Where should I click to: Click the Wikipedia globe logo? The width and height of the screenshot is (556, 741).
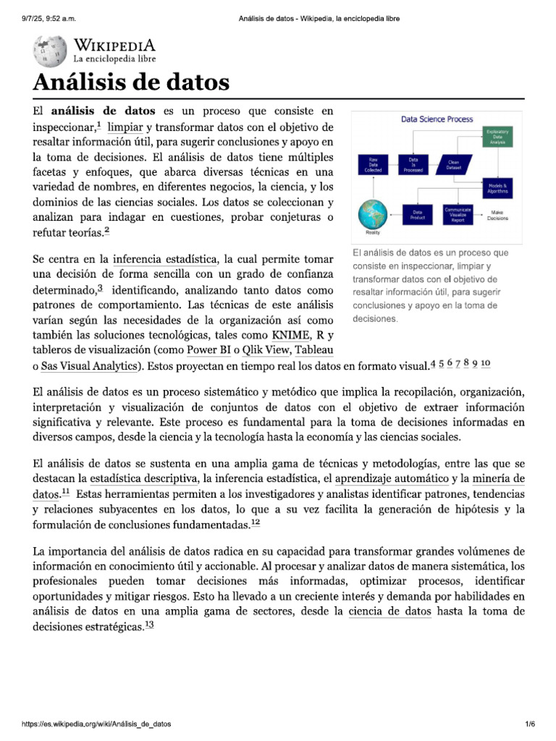tap(49, 52)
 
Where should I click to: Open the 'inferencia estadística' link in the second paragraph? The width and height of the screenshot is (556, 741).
tap(165, 259)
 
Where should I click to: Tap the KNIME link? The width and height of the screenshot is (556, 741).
tap(289, 335)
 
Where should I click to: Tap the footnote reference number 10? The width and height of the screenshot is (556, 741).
tap(486, 364)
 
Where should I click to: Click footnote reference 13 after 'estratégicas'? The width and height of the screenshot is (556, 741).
tap(149, 626)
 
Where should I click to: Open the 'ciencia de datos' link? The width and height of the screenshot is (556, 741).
tap(389, 612)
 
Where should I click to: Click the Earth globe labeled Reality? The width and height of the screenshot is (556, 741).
tap(373, 214)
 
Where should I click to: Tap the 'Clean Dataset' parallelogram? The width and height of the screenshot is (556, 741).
tap(454, 165)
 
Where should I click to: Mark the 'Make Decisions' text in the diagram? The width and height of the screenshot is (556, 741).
tap(497, 215)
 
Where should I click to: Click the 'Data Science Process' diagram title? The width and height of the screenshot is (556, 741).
tap(437, 119)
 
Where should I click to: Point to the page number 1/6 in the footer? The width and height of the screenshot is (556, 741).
tap(529, 724)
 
